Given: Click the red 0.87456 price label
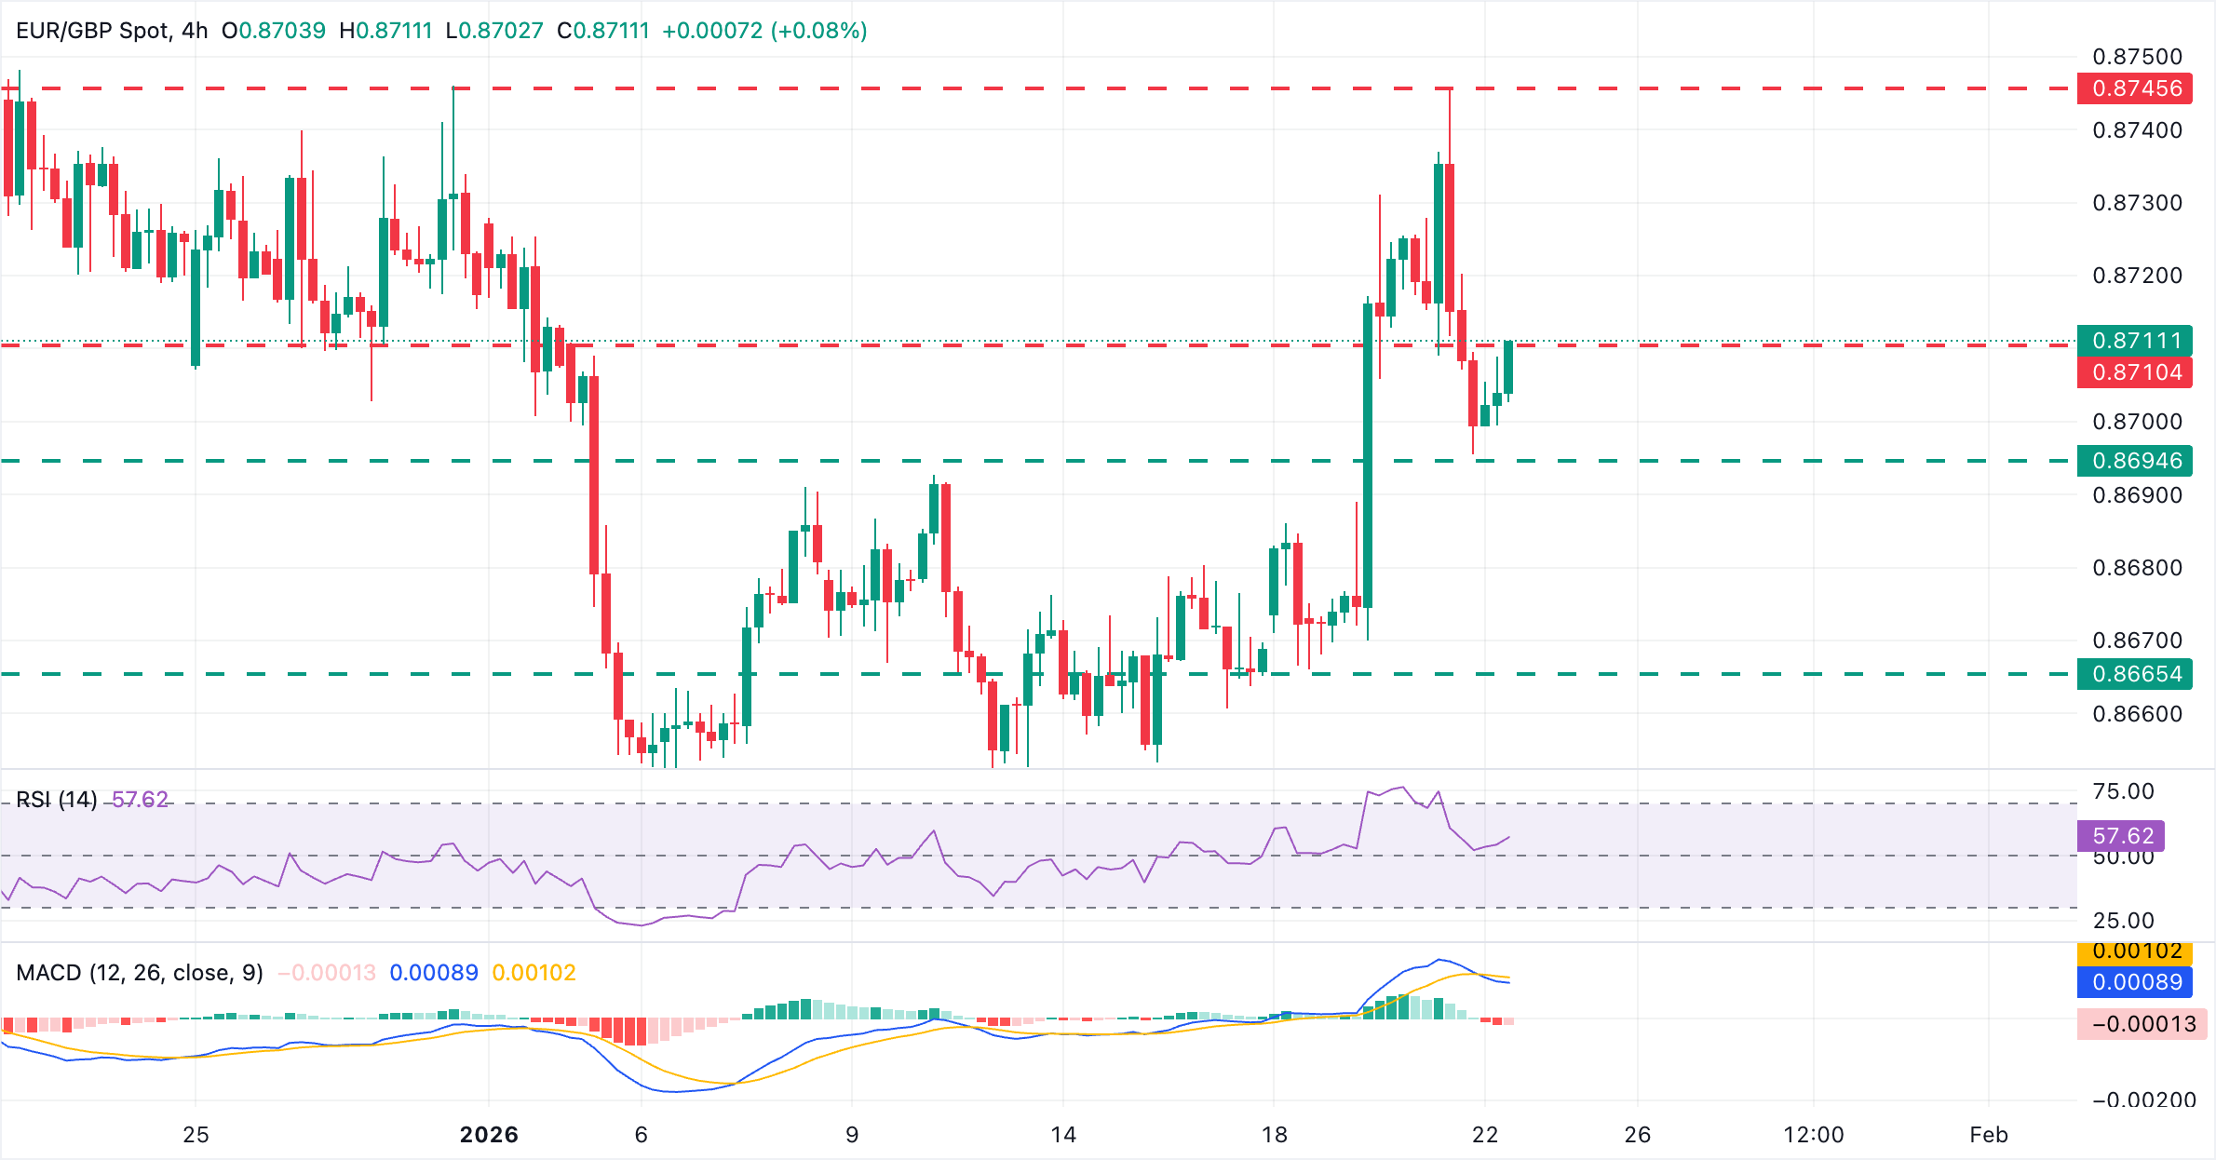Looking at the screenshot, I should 2136,88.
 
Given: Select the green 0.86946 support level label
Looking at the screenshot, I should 2136,461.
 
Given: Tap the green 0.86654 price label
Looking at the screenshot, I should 2136,674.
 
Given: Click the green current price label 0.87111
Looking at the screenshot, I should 2136,341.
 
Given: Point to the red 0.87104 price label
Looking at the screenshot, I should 2136,372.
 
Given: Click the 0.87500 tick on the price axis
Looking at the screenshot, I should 2137,57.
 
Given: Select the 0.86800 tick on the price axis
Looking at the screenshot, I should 2137,568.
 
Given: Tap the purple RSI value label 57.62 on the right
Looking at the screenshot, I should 2122,836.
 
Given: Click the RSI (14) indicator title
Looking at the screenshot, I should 57,800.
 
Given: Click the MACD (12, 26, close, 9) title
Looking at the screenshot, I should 140,973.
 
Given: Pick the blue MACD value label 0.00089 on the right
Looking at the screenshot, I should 2136,982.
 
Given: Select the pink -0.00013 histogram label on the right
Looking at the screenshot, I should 2143,1024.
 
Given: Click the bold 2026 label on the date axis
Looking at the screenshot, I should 489,1135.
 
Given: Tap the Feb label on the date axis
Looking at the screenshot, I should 1988,1135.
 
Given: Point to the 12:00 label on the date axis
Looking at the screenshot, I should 1813,1135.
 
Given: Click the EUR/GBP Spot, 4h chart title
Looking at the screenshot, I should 112,31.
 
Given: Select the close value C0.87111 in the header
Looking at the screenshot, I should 602,31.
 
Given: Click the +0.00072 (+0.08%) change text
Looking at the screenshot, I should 764,31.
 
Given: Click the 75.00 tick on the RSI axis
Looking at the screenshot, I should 2123,791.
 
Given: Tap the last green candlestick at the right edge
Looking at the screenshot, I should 1507,368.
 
